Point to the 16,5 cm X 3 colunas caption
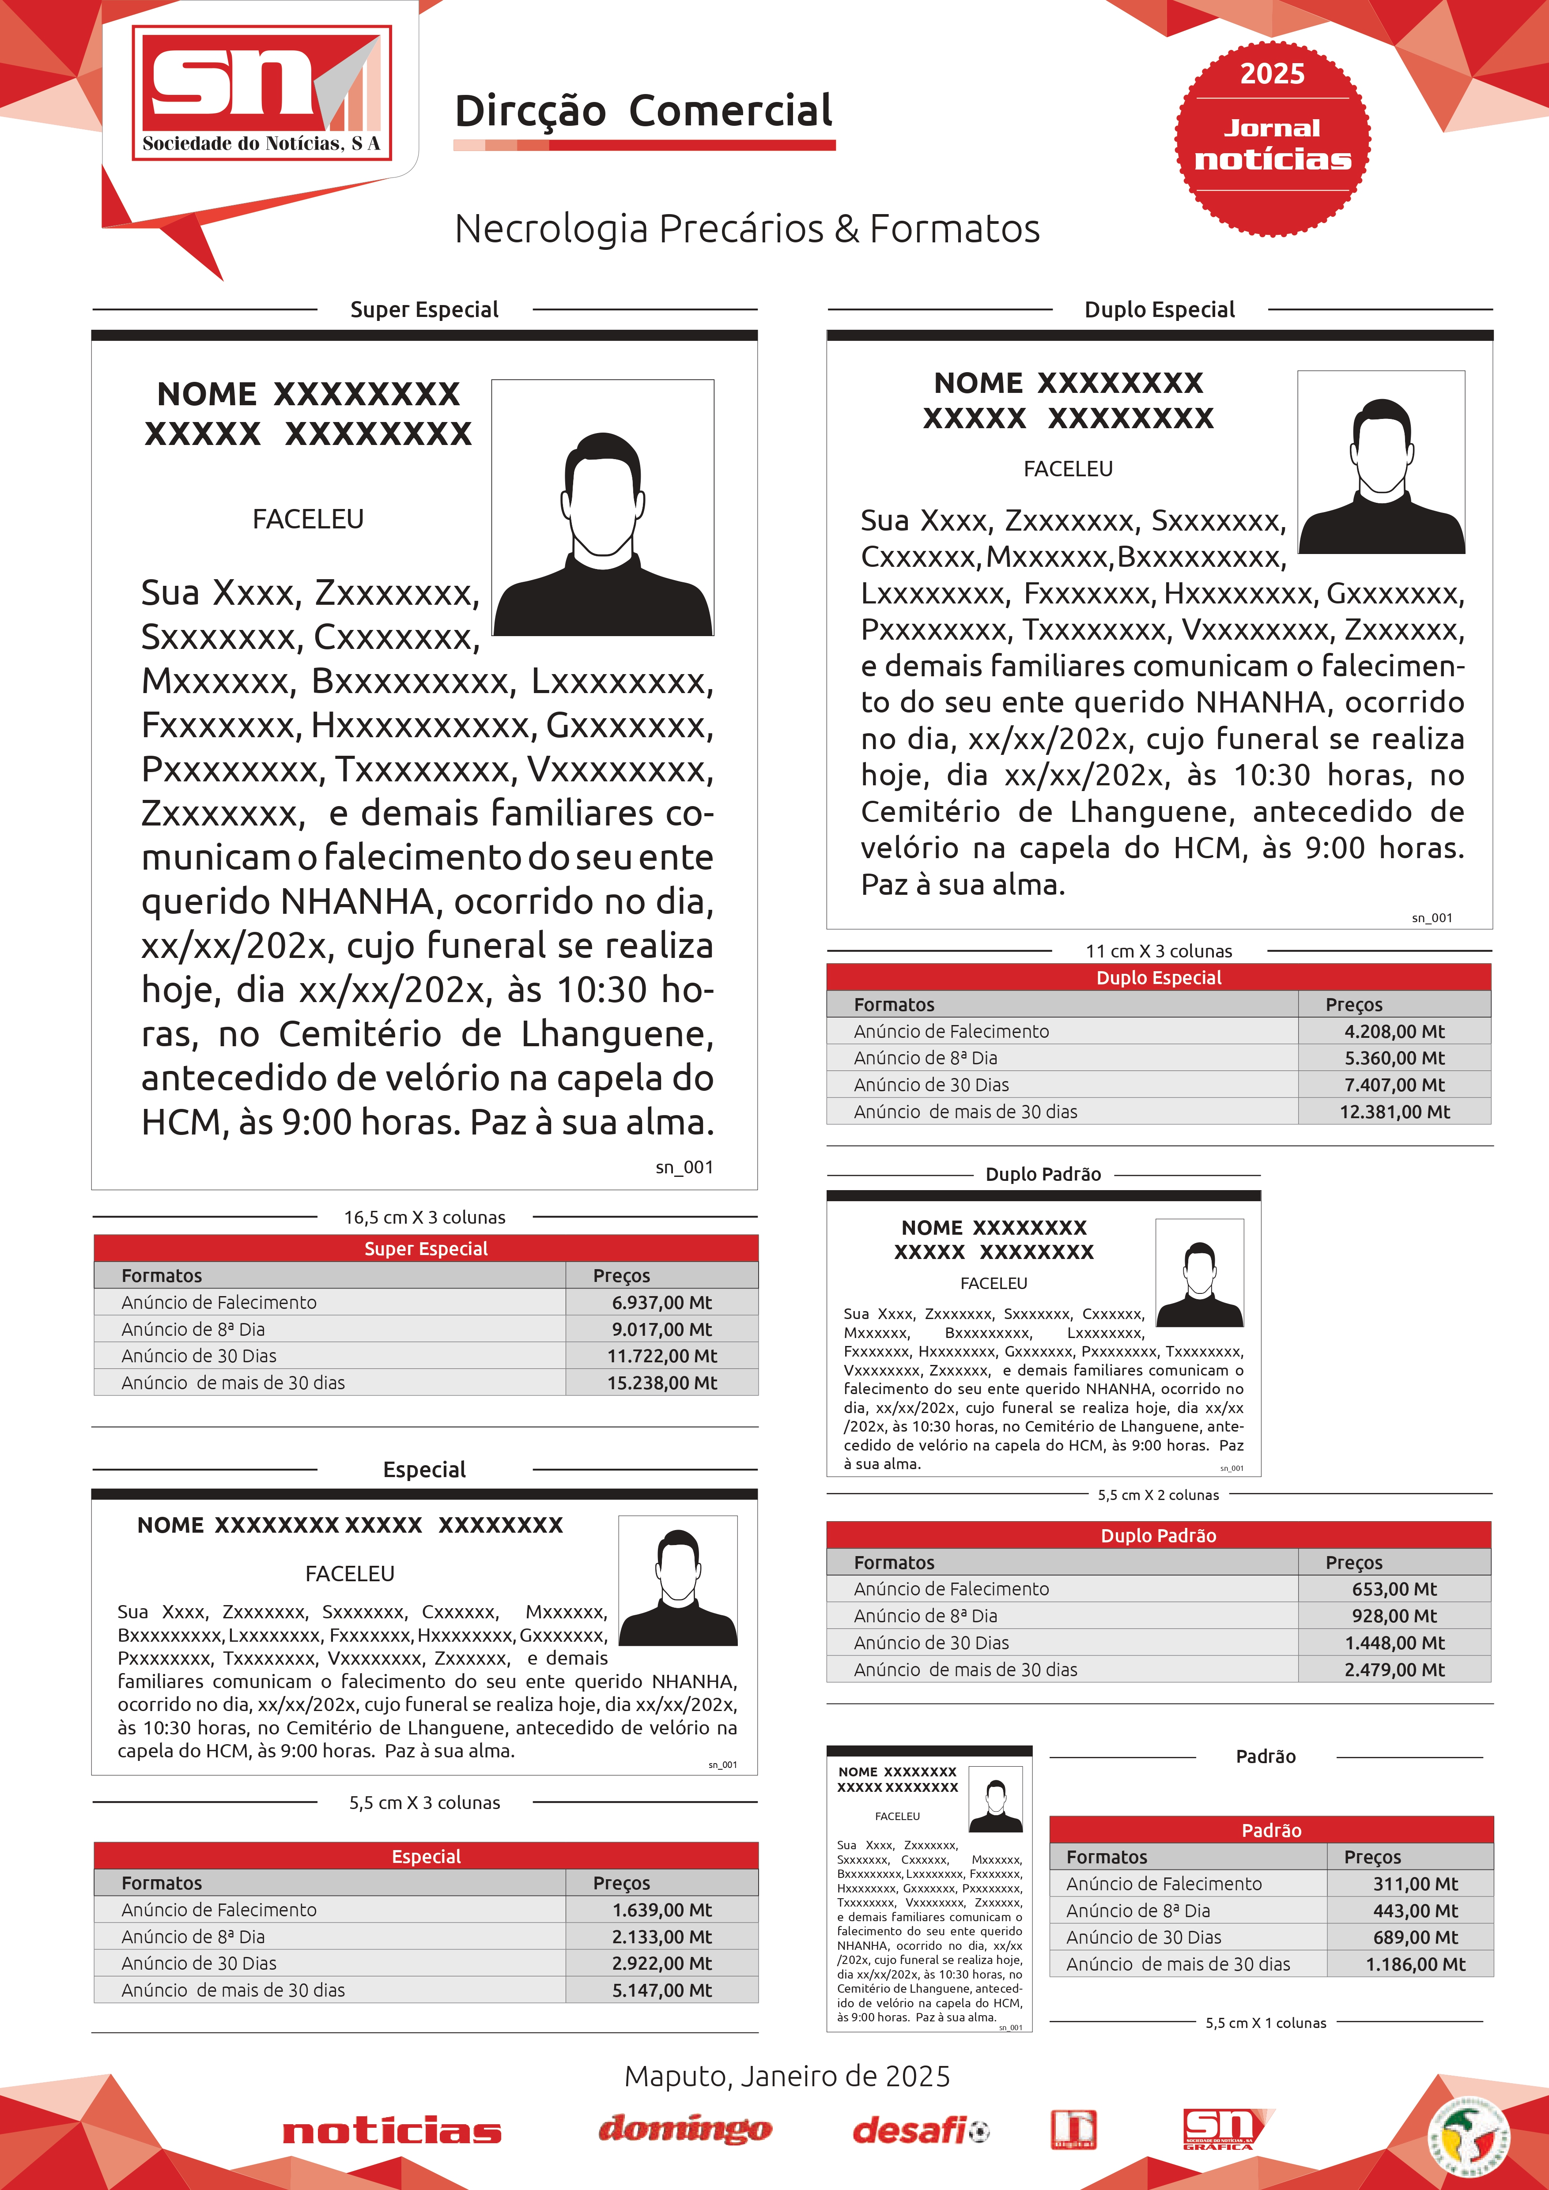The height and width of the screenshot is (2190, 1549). tap(424, 1217)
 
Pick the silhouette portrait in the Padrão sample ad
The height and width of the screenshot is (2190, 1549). tap(995, 1800)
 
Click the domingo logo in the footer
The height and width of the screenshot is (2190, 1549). tap(685, 2129)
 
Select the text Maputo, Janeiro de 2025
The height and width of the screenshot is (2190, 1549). tap(787, 2077)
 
